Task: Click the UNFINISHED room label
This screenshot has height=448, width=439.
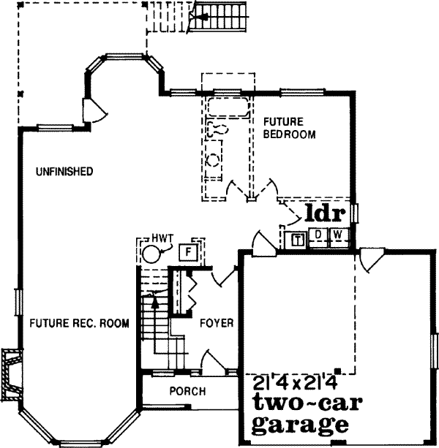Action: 64,172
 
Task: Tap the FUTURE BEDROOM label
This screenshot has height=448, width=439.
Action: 289,128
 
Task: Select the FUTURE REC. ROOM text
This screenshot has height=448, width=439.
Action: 79,323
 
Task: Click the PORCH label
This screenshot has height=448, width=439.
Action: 187,391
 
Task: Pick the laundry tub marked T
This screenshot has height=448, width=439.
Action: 298,238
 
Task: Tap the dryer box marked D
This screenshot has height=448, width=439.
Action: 318,235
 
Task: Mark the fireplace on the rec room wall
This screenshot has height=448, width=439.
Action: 12,374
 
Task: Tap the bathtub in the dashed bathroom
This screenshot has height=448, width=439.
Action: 228,107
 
